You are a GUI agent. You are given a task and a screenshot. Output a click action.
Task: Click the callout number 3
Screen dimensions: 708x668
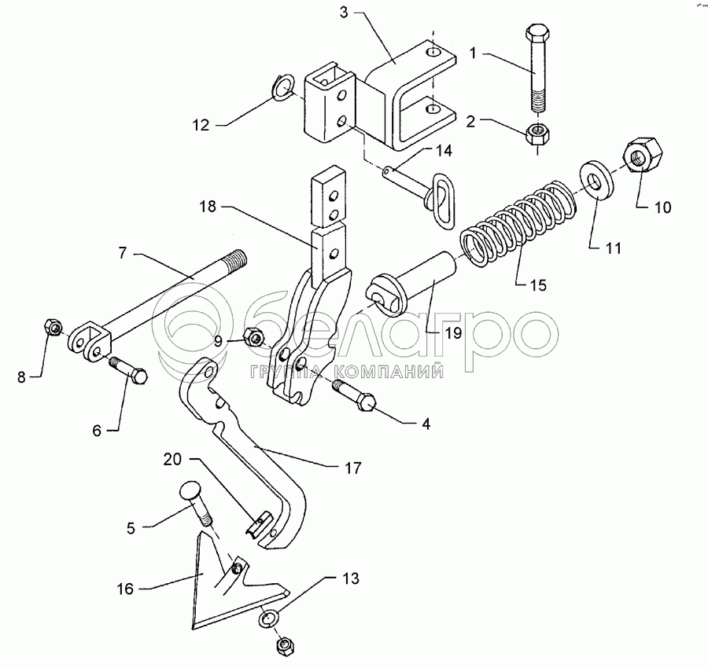coord(344,13)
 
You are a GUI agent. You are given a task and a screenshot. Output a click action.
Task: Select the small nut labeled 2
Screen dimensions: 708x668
coord(537,133)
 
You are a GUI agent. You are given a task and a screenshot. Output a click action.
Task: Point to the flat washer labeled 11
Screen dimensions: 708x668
coord(596,178)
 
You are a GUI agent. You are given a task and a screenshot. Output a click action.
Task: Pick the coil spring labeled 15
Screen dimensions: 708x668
coord(519,222)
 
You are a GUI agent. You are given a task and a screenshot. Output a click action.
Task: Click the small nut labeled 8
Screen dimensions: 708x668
coord(53,327)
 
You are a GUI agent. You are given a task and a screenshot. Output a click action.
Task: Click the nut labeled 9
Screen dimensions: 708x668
coord(254,336)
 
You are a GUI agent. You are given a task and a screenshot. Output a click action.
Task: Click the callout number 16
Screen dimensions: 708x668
coord(125,589)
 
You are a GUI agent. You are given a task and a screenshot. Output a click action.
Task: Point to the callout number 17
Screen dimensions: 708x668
coord(353,468)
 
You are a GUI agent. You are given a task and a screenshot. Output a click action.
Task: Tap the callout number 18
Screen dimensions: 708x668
coord(207,207)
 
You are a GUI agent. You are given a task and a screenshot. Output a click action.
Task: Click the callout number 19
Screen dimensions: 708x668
coord(453,333)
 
